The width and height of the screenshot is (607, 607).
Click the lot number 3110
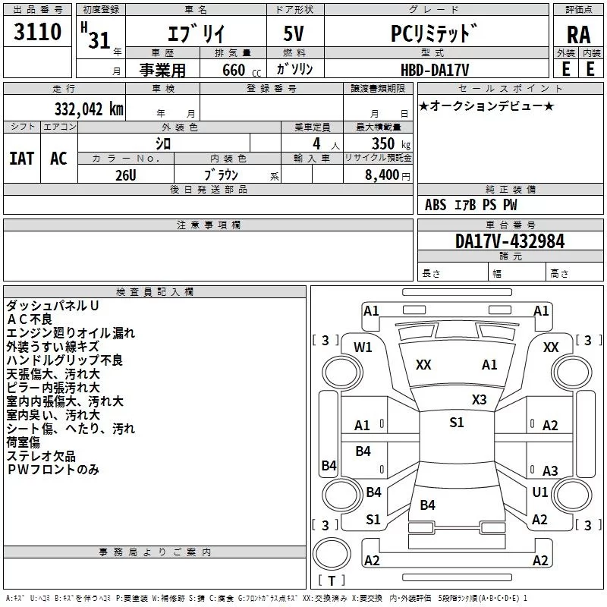37,31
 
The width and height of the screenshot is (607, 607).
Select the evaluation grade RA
578,35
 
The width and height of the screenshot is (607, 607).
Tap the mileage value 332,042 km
89,109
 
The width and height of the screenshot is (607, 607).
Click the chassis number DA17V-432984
510,241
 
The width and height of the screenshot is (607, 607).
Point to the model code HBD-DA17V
435,70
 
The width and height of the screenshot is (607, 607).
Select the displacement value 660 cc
241,70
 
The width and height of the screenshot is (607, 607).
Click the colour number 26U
126,175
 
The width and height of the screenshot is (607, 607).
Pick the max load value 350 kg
391,143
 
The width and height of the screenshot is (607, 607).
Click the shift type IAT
22,159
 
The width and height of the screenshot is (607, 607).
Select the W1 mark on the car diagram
363,348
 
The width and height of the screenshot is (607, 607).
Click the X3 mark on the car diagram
479,400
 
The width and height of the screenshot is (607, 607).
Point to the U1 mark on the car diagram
539,492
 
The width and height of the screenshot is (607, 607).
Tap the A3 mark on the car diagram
550,470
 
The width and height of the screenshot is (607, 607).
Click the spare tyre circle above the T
332,554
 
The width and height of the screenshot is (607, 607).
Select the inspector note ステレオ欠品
41,456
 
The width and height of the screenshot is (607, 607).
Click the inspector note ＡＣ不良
30,319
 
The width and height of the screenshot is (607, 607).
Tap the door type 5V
294,33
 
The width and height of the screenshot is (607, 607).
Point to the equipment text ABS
436,204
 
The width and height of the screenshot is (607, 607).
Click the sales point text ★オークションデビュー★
486,106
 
